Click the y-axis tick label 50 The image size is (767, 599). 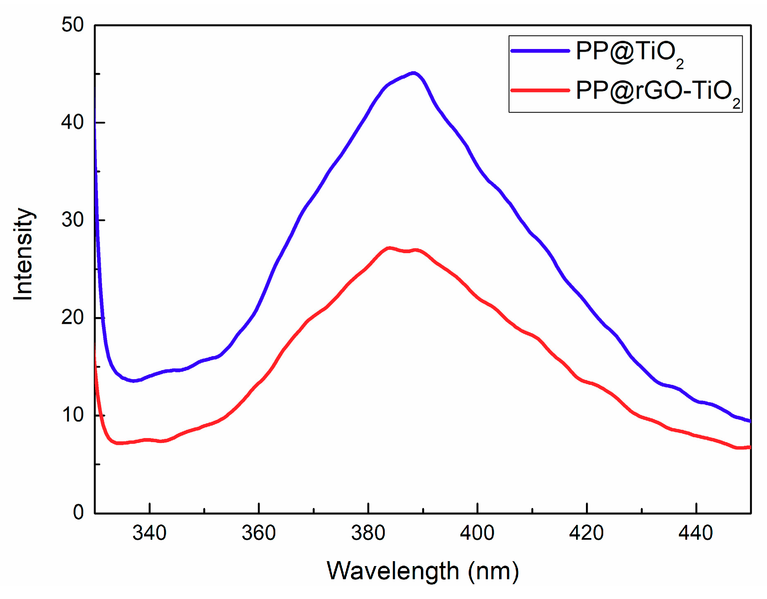[x=72, y=25]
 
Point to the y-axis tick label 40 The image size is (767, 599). [x=72, y=123]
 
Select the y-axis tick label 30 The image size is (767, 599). [x=72, y=220]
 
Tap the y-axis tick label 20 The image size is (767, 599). [x=72, y=317]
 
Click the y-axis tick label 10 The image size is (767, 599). [x=72, y=415]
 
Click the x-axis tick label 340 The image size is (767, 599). [x=149, y=533]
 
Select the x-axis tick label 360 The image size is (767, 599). [x=258, y=533]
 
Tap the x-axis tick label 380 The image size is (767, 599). [x=368, y=533]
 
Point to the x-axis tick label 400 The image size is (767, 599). [x=477, y=533]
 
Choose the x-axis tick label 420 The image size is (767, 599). [x=586, y=533]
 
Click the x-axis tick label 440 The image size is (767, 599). [x=695, y=533]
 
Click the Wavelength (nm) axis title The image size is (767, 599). [x=423, y=571]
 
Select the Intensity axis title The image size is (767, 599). [x=23, y=254]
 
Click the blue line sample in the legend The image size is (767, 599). [x=540, y=51]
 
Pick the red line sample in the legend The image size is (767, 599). [x=540, y=90]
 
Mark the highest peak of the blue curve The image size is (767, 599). [x=414, y=73]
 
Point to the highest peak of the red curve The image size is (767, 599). [x=389, y=248]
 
